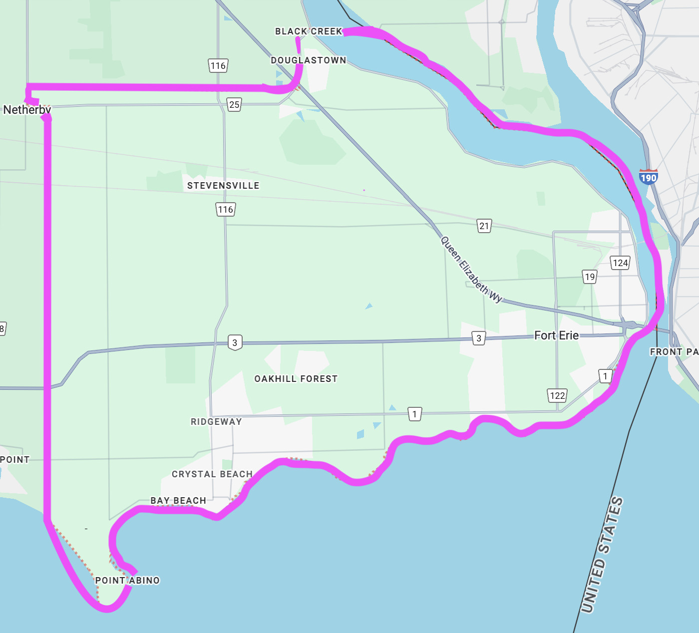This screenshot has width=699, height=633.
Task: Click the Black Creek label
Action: [309, 31]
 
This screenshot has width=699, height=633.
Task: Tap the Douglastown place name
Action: [309, 60]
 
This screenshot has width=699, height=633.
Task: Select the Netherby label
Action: [27, 110]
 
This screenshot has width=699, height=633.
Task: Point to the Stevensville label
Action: [223, 186]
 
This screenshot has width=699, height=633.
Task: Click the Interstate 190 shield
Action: [648, 177]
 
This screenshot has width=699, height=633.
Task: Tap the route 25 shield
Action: [234, 104]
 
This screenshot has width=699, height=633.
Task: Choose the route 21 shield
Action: [484, 226]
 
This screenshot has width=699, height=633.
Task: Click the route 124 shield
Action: [620, 263]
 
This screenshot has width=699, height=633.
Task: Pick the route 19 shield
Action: [590, 277]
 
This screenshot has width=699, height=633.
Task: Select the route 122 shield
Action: [557, 396]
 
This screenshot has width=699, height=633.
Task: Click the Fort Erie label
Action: [556, 335]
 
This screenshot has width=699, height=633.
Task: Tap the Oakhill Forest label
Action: [296, 379]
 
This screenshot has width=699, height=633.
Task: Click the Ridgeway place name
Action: [216, 422]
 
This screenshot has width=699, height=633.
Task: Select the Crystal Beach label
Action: [212, 474]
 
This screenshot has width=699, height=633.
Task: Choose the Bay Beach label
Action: [178, 501]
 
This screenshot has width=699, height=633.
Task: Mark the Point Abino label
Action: [127, 581]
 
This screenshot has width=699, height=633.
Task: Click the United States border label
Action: [602, 555]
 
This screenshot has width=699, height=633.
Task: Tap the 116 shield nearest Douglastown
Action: [218, 65]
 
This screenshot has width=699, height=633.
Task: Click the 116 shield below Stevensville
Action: [225, 210]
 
